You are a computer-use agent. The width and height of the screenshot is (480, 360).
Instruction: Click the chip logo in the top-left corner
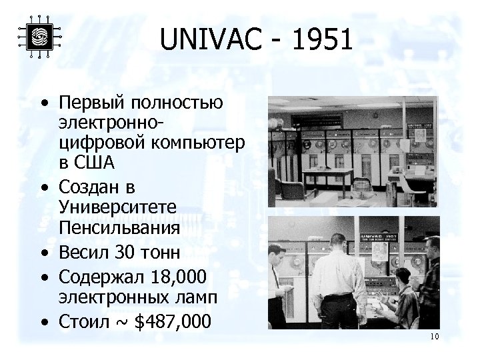pyautogui.click(x=39, y=37)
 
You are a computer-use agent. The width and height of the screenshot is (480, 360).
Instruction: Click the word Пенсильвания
pyautogui.click(x=119, y=228)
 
